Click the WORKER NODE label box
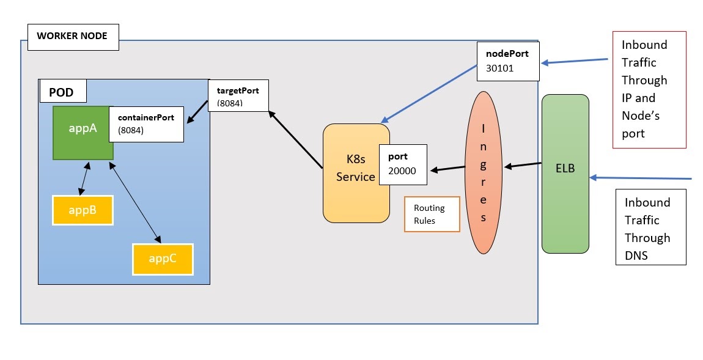click(x=72, y=37)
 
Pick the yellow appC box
click(x=163, y=259)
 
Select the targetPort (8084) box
click(x=238, y=95)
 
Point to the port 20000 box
click(x=403, y=165)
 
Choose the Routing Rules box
click(x=432, y=214)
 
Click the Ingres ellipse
click(x=484, y=172)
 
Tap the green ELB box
click(x=565, y=173)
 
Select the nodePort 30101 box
click(x=508, y=61)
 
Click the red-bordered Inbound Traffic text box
click(x=649, y=89)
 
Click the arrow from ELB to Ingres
click(x=522, y=165)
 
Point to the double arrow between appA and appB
click(x=86, y=179)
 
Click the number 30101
click(x=500, y=68)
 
